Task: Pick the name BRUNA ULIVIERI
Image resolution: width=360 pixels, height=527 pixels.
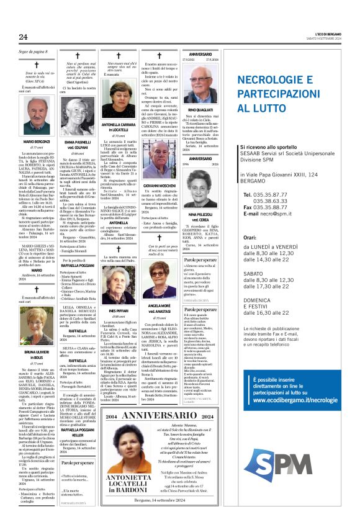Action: [x=37, y=352]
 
